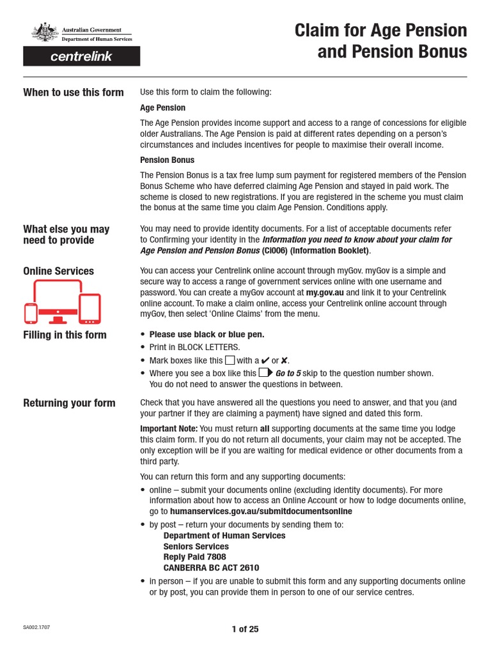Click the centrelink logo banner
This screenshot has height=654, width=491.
[x=81, y=56]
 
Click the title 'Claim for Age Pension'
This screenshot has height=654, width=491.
[x=380, y=30]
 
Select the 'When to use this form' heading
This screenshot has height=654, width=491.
[x=74, y=92]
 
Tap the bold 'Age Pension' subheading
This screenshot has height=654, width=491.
[x=162, y=108]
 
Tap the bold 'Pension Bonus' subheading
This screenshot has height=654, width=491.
[x=167, y=160]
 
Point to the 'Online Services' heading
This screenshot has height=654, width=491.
[x=58, y=271]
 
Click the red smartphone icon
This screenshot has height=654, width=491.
[x=31, y=313]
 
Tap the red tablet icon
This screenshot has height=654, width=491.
[x=90, y=308]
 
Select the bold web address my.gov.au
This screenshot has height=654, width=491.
[x=325, y=292]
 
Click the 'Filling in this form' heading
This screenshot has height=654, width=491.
[x=65, y=335]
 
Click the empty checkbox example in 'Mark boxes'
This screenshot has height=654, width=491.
[x=230, y=360]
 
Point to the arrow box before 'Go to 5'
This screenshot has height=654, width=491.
[x=266, y=372]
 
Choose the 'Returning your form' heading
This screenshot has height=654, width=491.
[x=69, y=402]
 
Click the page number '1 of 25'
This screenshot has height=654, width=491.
[x=245, y=629]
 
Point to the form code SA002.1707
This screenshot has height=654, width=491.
[x=36, y=628]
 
